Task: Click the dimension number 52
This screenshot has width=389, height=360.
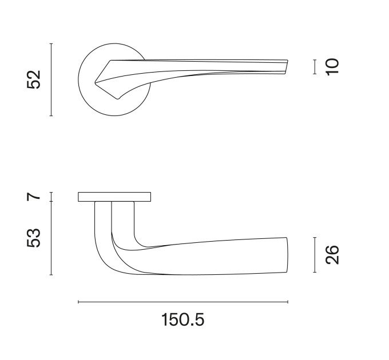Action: [x=34, y=79]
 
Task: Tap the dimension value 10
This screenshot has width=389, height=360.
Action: [x=332, y=67]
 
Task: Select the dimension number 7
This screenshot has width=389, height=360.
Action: [x=34, y=197]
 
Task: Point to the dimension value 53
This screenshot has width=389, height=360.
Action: [x=34, y=238]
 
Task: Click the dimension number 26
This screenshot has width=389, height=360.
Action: [x=332, y=255]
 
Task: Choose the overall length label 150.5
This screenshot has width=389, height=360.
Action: [x=183, y=319]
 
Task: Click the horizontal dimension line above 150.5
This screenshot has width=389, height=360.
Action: [x=183, y=302]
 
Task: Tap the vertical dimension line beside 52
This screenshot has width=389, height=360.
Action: [x=51, y=79]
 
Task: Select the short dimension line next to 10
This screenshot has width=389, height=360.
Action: [x=315, y=67]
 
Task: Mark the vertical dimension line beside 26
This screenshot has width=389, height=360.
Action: [x=315, y=255]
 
